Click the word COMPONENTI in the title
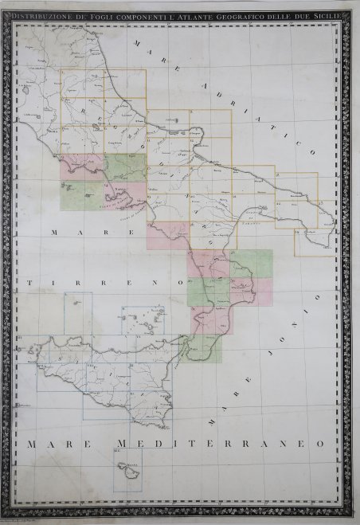click(x=125, y=14)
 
